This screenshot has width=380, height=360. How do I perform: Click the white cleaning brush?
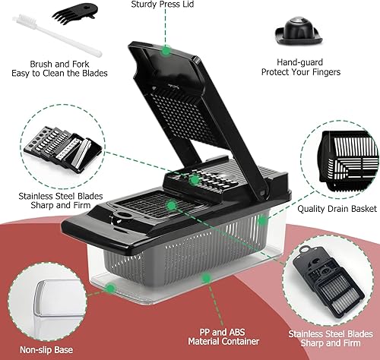click(x=57, y=36)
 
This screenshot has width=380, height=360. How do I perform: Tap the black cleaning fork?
click(x=75, y=13)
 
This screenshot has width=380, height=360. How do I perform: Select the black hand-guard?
click(x=299, y=32)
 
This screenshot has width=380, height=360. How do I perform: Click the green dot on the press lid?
click(x=166, y=51)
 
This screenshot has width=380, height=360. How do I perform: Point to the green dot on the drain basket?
click(x=262, y=221)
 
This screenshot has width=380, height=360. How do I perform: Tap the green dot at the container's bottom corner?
click(x=110, y=288)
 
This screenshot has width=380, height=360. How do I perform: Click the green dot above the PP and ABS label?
click(x=207, y=278)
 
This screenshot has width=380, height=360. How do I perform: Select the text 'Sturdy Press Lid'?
click(x=163, y=5)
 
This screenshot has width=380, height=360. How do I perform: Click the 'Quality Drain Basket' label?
click(x=337, y=209)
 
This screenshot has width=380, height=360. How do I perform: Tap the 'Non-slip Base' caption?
click(x=46, y=350)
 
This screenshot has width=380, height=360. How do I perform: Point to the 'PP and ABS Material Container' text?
click(x=223, y=336)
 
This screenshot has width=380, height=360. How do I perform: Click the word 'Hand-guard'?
click(x=299, y=62)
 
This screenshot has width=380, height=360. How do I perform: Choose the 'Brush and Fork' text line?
click(x=59, y=64)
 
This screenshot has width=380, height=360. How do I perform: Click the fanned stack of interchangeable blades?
click(x=63, y=147)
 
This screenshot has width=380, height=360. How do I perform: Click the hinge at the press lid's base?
click(x=262, y=194)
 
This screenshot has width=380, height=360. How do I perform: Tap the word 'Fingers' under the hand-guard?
click(x=326, y=72)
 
